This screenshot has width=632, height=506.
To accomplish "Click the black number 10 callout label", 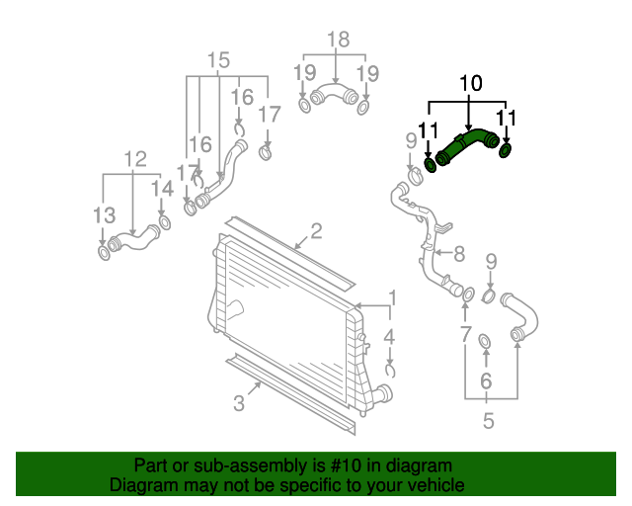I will (470, 85).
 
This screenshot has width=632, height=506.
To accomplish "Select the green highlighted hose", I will (462, 145).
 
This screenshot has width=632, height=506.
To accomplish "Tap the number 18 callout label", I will (338, 41).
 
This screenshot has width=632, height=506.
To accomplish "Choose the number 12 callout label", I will (134, 159).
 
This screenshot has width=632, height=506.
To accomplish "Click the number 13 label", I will (104, 214).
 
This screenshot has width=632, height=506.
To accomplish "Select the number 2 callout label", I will (316, 232).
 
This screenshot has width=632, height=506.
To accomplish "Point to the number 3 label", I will (239, 402).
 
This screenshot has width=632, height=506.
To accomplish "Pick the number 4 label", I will (390, 337).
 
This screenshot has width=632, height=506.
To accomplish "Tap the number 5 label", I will (488, 422).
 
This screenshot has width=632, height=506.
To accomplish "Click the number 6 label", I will (486, 380).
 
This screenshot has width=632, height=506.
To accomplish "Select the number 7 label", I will (465, 335).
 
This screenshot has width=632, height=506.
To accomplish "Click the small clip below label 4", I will (390, 371).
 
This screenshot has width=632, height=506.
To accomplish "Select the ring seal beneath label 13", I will (104, 255).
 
